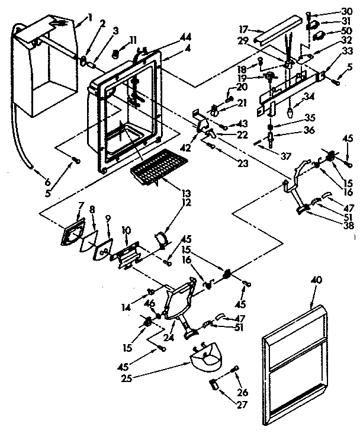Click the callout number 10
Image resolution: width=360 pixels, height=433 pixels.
coord(126,229)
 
